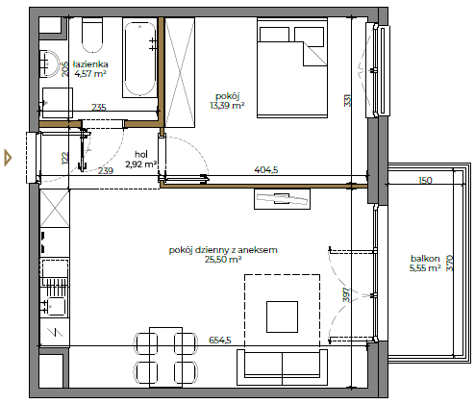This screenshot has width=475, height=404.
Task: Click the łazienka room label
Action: [x=90, y=64]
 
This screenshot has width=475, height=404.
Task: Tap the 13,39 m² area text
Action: [x=227, y=106]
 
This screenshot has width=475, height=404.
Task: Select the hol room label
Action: [x=141, y=154]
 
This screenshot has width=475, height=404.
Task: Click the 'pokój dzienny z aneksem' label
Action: [x=223, y=250]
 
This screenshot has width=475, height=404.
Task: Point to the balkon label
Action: [x=425, y=259]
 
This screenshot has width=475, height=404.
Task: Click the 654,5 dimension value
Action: [x=220, y=340]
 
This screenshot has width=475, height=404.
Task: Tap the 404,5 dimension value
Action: [x=266, y=170]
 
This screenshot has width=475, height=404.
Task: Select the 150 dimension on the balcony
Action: [x=425, y=181]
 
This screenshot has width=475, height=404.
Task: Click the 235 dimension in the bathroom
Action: [x=99, y=107]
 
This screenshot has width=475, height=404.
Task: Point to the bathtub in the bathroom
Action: [x=139, y=59]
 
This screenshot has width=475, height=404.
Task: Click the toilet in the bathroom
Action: [x=92, y=35]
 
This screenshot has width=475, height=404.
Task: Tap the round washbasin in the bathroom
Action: [x=49, y=63]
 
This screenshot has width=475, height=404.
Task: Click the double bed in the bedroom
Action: [x=292, y=68]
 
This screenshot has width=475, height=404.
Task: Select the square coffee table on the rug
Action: [x=282, y=316]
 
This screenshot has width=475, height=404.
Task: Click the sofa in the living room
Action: [x=282, y=367]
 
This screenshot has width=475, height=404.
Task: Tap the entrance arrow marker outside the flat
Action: [x=8, y=158]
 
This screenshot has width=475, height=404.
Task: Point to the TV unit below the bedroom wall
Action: [x=282, y=199]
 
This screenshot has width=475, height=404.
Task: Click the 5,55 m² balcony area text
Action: [x=425, y=268]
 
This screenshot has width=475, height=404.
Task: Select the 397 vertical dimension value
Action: [x=347, y=294]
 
